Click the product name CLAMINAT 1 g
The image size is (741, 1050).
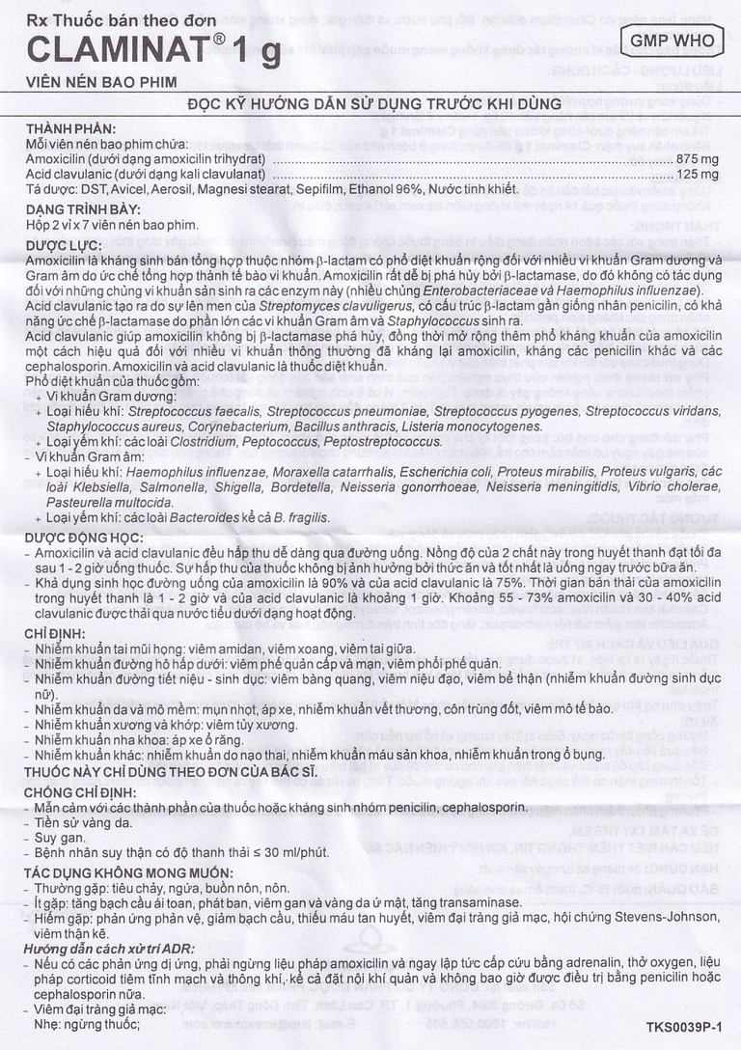tap(154, 50)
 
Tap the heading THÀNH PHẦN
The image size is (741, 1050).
tap(70, 129)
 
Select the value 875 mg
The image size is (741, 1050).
tap(698, 158)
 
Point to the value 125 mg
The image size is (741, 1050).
tap(698, 174)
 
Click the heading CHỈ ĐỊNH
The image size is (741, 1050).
tap(56, 632)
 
